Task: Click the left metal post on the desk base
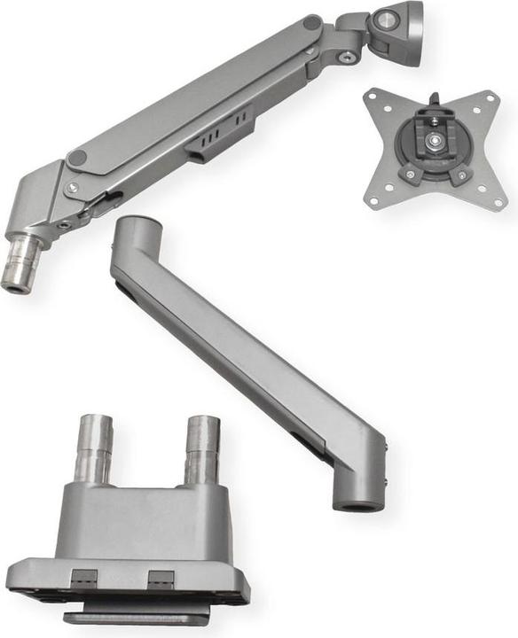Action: pos(93,447)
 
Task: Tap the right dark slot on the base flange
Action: pos(160,579)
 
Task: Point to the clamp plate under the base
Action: pos(133,613)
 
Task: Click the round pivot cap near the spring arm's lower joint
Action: pos(78,158)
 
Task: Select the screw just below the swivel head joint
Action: pos(348,58)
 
